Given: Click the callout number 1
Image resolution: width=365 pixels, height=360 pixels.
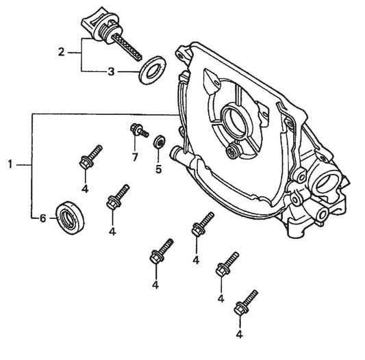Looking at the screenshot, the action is (10, 164).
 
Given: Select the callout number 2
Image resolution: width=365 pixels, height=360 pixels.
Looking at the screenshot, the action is (61, 52).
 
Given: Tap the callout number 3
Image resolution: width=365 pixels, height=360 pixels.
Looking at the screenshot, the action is (111, 72).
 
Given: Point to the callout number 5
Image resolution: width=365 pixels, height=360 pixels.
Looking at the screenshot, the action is (158, 169).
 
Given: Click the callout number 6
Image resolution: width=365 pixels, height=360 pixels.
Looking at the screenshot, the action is (43, 218).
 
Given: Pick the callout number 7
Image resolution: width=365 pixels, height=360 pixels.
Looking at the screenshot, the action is (135, 157).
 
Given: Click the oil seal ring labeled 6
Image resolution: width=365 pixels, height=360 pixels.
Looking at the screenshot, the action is (70, 218).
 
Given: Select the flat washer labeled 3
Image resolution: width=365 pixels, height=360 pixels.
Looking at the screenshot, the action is (153, 70).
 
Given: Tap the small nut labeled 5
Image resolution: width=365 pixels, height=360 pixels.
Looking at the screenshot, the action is (160, 141).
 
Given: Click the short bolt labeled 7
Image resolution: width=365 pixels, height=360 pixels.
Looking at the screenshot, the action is (139, 130).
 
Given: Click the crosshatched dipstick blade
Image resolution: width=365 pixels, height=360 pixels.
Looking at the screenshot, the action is (127, 47).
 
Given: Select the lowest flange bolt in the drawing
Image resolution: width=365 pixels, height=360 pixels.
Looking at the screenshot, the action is (246, 303).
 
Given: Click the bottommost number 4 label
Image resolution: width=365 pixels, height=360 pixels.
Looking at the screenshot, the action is (239, 334).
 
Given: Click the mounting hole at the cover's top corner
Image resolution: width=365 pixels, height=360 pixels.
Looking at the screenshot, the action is (180, 56).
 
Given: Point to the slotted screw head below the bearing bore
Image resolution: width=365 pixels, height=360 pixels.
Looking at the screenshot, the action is (232, 152).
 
